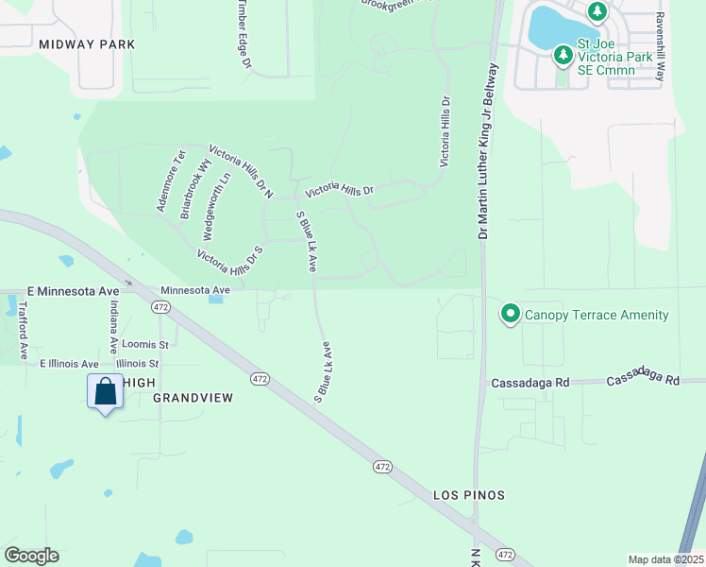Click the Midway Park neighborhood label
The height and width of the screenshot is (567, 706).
88,44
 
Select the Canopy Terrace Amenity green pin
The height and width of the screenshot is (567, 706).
511,314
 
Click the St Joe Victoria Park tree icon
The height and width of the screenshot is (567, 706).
563,55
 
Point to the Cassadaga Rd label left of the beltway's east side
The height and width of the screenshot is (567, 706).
529,384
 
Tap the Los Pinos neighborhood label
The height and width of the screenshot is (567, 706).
469,495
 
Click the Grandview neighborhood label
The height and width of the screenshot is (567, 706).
193,399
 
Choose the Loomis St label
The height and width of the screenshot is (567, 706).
145,345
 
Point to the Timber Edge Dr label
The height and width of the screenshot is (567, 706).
244,35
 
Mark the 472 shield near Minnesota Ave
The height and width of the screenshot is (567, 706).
160,307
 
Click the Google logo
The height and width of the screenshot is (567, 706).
31,556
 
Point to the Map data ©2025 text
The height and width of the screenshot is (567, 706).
665,559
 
